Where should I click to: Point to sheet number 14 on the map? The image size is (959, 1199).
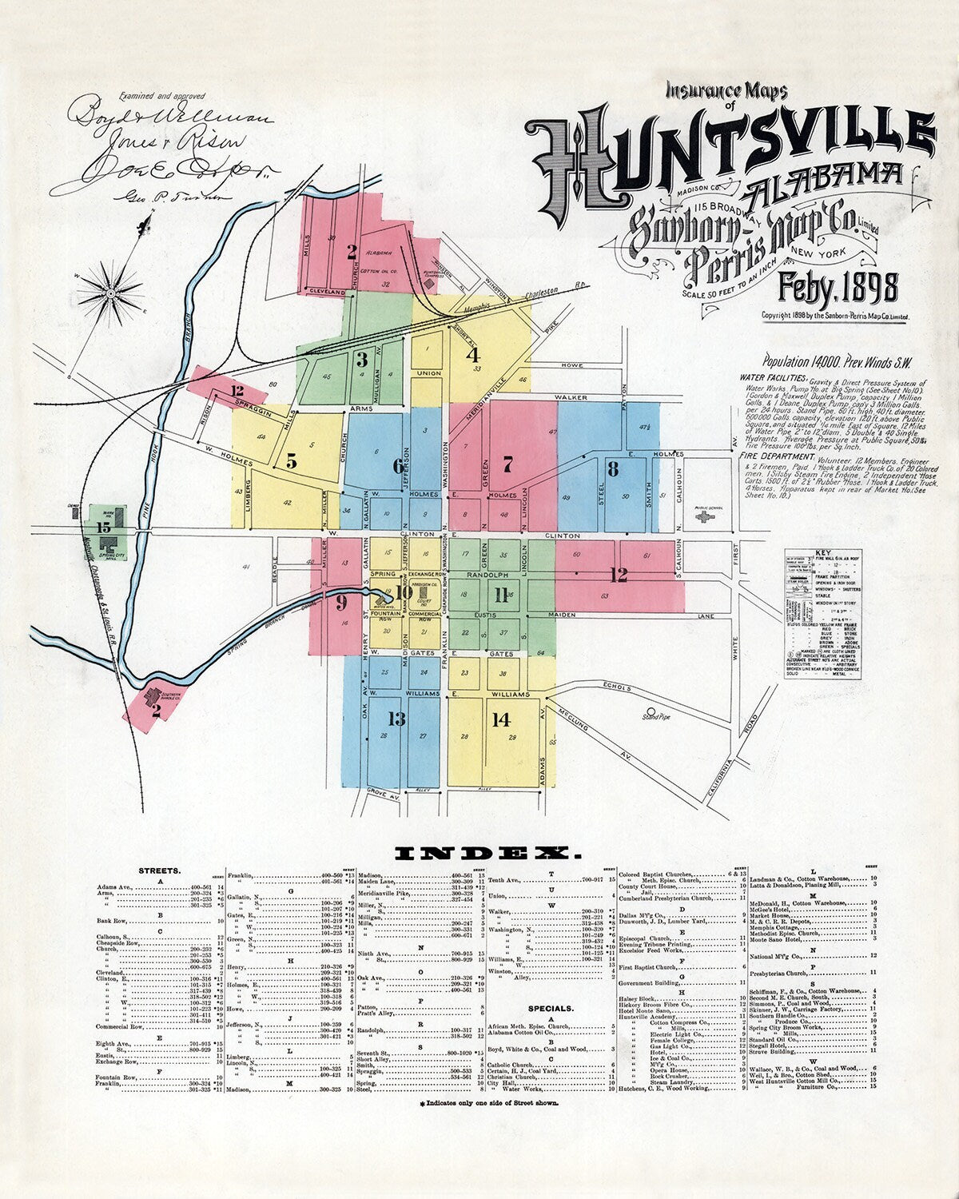pos(501,720)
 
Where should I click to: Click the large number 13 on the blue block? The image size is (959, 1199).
pos(396,720)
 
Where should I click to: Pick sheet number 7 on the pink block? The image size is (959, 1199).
pos(507,464)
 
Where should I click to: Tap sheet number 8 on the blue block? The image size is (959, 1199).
pos(613,469)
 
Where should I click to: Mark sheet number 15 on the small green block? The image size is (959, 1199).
pos(103,528)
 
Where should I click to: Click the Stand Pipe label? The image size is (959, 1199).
pos(658,717)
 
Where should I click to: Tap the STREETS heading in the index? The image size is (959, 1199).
pos(159,870)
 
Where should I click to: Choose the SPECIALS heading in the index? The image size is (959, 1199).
pos(551,1009)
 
